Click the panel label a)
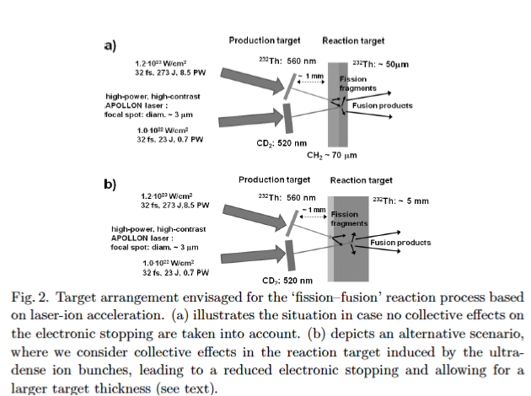coord(110,45)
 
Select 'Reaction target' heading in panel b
coord(361,179)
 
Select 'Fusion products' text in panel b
coord(400,243)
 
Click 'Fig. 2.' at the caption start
coord(25,297)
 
